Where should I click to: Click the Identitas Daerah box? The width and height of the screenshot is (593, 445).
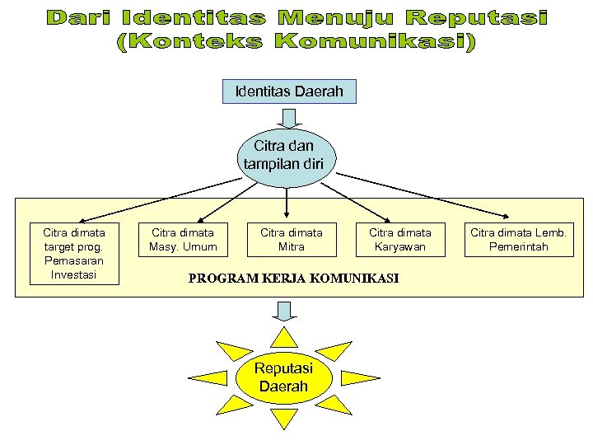[x=289, y=91]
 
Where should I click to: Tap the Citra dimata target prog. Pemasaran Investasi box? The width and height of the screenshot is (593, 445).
[x=74, y=253]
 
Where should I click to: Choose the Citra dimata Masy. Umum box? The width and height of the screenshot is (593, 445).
[x=183, y=239]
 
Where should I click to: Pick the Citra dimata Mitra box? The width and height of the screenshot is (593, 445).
[x=292, y=239]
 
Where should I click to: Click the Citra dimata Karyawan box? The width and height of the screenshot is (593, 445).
[x=399, y=239]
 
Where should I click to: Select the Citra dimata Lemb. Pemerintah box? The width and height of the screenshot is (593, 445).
[x=518, y=239]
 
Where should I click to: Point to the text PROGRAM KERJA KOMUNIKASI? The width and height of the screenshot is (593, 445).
[x=293, y=279]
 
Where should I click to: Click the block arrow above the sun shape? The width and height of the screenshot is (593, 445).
[x=284, y=311]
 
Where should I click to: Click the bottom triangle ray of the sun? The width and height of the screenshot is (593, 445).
[x=285, y=418]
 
